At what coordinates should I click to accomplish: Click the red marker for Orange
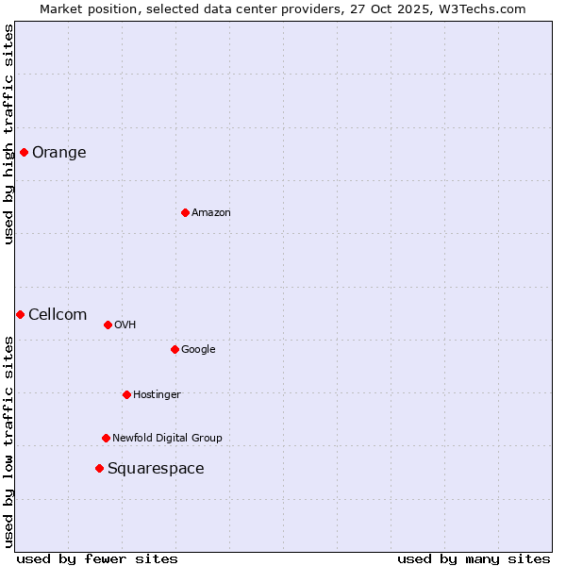tap(24, 152)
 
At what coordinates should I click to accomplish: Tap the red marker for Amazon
tap(185, 212)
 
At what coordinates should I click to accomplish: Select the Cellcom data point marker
tap(20, 314)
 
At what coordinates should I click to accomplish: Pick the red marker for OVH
tap(108, 325)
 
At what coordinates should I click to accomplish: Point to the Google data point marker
tap(175, 349)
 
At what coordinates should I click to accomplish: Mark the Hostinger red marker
tap(126, 394)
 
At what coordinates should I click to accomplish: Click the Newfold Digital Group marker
tap(106, 438)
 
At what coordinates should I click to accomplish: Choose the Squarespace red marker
tap(99, 468)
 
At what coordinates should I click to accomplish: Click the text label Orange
tap(59, 153)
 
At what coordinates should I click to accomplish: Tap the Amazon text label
tap(211, 213)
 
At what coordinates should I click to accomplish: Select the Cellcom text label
tap(58, 315)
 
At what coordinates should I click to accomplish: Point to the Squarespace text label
tap(156, 469)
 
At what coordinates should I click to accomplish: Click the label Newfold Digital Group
tap(167, 438)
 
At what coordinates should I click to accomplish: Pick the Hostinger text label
tap(157, 394)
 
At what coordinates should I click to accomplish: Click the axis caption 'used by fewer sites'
tap(97, 558)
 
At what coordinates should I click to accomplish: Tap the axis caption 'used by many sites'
tap(474, 558)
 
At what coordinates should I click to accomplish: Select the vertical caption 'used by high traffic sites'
tap(8, 134)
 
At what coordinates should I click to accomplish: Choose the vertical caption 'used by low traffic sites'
tap(8, 441)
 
